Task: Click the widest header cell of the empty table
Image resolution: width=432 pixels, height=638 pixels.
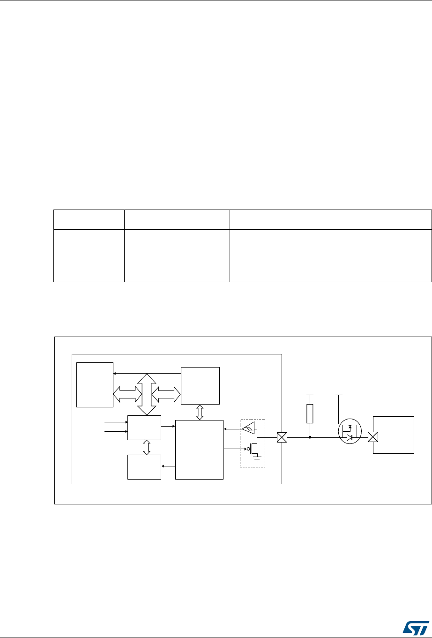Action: pyautogui.click(x=330, y=219)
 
